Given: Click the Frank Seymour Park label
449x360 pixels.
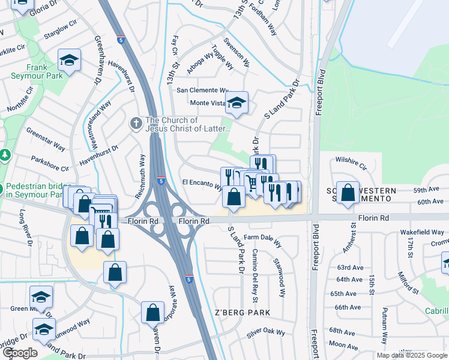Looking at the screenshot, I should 36,72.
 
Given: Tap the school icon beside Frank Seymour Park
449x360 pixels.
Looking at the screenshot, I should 70,60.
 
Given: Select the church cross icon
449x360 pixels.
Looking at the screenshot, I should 136,124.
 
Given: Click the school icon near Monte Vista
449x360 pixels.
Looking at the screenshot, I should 237,103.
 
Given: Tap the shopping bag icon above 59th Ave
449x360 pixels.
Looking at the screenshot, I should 348,193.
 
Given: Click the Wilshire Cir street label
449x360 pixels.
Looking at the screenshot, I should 351,162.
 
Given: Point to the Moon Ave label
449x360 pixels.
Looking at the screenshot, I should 343,345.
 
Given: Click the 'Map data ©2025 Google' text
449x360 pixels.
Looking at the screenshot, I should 411,355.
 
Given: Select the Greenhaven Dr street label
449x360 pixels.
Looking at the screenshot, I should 97,59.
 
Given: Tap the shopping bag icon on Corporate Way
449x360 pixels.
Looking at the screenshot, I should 152,312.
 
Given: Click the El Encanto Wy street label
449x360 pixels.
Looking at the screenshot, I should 202,183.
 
